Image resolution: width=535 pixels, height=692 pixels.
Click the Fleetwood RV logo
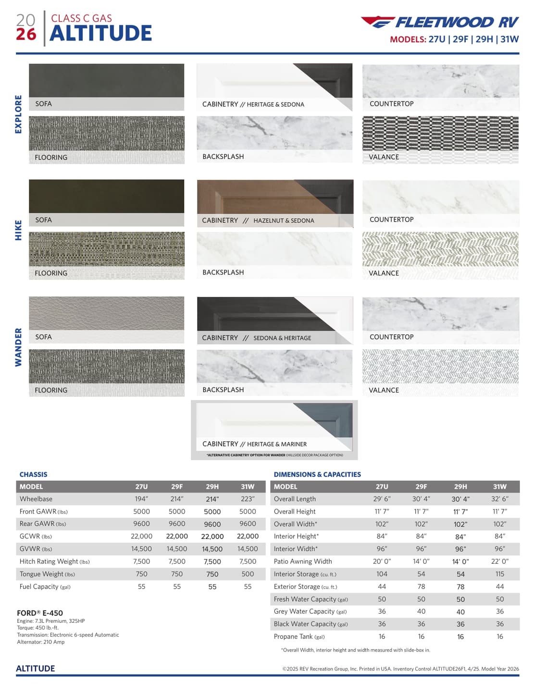[x=440, y=22]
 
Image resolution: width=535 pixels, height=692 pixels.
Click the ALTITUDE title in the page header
[x=100, y=33]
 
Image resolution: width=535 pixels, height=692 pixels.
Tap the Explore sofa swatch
[x=106, y=81]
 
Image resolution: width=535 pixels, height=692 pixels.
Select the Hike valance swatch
[x=440, y=249]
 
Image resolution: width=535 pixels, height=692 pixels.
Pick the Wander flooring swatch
[x=106, y=366]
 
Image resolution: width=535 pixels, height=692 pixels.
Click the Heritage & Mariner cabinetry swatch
[x=274, y=420]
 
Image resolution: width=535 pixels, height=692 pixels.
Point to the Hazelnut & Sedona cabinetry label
[x=284, y=221]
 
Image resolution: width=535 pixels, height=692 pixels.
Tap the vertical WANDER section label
[x=19, y=347]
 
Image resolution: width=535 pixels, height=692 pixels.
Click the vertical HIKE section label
[x=19, y=230]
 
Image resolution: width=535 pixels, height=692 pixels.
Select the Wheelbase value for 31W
[x=248, y=499]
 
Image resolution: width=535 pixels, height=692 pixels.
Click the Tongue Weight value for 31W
[x=248, y=574]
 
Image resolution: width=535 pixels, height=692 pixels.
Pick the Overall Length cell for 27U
[x=382, y=499]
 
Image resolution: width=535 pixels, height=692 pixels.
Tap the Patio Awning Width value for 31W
[x=499, y=561]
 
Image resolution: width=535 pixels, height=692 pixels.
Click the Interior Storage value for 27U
[x=382, y=574]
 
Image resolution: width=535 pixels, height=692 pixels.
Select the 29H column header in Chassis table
[x=212, y=486]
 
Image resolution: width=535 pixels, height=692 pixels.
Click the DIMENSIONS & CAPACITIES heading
[x=317, y=474]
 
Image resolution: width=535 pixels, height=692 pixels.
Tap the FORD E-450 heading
[x=40, y=613]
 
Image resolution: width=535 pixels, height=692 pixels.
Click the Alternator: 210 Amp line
[x=41, y=642]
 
